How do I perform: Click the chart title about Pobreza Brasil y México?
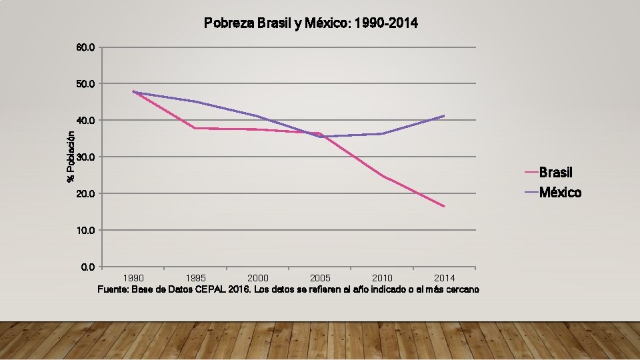coord(311,24)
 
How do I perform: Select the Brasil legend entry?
coord(555,173)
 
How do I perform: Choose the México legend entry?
coord(560,193)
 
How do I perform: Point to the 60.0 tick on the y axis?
coord(87,47)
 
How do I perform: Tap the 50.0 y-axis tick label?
coord(87,84)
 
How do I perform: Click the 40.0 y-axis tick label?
coord(87,121)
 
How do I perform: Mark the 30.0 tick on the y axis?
coord(87,157)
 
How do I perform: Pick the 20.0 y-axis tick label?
coord(87,194)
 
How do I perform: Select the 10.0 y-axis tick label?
coord(87,231)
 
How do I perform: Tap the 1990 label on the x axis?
coord(133,277)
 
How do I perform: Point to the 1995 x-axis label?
coord(195,277)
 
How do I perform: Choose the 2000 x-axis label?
coord(258,277)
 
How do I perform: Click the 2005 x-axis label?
coord(320,277)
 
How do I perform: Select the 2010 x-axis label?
coord(383,277)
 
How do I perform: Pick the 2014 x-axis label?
coord(445,277)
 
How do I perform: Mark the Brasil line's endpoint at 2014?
coord(444,207)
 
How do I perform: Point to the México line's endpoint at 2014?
coord(444,116)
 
